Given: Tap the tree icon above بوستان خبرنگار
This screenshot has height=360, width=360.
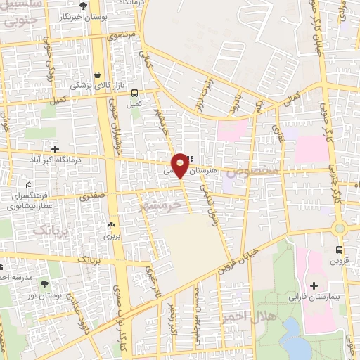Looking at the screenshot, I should pyautogui.click(x=84, y=5).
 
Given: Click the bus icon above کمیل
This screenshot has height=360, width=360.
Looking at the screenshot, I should pyautogui.click(x=134, y=93).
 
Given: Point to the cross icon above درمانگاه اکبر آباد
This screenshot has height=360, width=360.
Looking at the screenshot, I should pyautogui.click(x=55, y=149).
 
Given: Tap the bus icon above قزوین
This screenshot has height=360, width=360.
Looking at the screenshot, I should pyautogui.click(x=340, y=250).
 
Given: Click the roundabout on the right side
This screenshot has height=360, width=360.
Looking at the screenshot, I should pyautogui.click(x=341, y=227).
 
